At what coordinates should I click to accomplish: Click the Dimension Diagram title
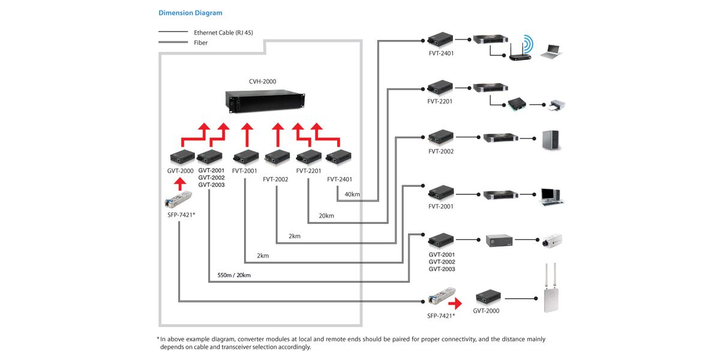tap(190, 13)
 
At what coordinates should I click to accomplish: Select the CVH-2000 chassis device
tap(265, 101)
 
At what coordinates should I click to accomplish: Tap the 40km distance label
tap(352, 194)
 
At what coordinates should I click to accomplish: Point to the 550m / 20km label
tap(234, 275)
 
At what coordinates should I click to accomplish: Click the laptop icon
tap(551, 52)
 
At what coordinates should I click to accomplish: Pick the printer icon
tap(557, 106)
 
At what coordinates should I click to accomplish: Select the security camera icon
tap(552, 241)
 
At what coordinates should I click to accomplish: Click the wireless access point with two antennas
tap(551, 288)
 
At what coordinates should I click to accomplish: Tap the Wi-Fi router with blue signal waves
tap(521, 48)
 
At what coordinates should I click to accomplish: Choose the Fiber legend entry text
tap(200, 43)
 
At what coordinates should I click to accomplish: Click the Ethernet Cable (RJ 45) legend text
tap(223, 32)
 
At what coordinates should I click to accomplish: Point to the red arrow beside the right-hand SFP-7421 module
tap(455, 303)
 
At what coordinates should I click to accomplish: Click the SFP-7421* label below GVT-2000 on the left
tap(181, 215)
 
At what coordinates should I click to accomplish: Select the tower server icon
tap(551, 140)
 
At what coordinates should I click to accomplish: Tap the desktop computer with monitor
tap(551, 196)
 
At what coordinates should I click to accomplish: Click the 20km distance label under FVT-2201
tap(326, 215)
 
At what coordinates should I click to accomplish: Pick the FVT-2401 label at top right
tap(441, 53)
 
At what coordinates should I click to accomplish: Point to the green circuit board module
tap(517, 104)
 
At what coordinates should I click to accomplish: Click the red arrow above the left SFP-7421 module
tap(180, 184)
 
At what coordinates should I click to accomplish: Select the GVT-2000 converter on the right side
tap(488, 298)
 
